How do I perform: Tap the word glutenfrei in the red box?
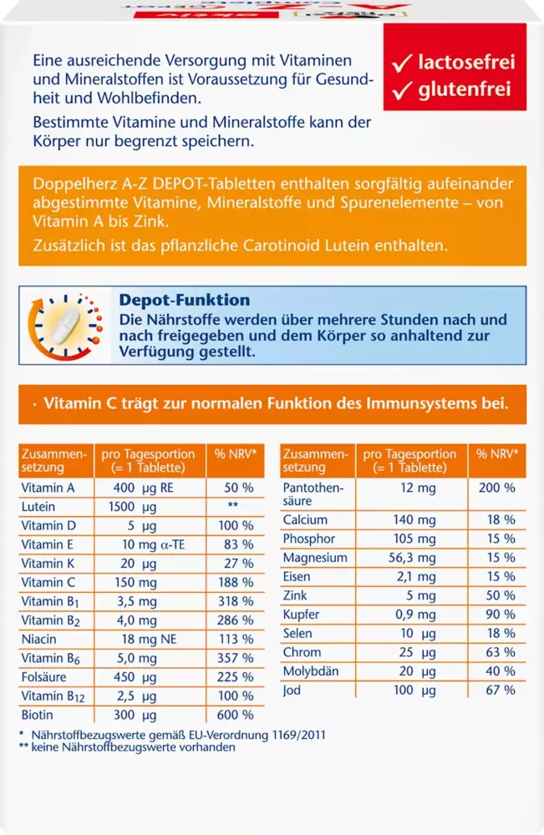coord(465,89)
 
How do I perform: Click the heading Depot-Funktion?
coord(185,300)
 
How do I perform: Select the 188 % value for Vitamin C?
coord(235,582)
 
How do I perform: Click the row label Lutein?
coord(38,507)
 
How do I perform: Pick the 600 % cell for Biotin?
coord(235,715)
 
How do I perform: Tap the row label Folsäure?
coord(43,677)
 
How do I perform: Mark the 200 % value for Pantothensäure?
coord(496,488)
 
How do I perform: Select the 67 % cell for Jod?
coord(501,691)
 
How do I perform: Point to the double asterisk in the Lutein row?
coord(233,504)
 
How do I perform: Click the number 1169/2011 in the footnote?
coord(298,735)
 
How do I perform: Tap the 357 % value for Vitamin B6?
coord(235,658)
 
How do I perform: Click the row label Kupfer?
coord(301,615)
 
